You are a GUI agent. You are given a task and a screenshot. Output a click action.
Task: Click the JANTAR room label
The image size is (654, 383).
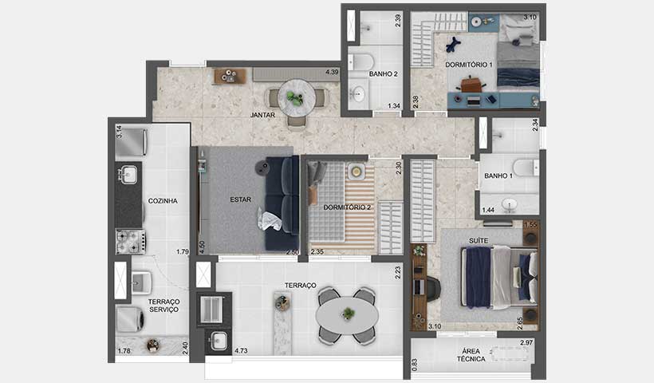click(262, 115)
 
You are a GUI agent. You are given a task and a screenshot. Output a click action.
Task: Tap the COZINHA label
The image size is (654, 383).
click(162, 201)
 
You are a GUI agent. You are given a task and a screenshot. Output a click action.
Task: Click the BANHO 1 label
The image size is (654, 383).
click(499, 176)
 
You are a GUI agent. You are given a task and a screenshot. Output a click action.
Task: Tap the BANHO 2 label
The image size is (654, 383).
click(383, 74)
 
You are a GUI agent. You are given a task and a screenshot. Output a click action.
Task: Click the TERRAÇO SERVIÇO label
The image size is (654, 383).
click(163, 306)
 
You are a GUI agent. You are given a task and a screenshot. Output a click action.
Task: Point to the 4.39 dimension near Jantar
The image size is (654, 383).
click(333, 73)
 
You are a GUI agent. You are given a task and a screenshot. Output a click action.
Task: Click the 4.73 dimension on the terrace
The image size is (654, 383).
click(241, 349)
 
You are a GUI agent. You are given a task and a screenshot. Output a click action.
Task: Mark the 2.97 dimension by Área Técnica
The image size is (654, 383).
click(526, 343)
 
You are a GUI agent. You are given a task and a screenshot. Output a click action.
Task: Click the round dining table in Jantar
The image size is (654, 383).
click(296, 97)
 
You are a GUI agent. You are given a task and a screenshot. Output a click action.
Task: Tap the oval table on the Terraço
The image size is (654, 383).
click(347, 314)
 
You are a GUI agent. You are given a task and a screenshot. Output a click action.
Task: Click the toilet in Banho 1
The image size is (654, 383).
click(526, 168)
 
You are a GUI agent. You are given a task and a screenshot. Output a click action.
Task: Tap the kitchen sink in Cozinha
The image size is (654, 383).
click(128, 173)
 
